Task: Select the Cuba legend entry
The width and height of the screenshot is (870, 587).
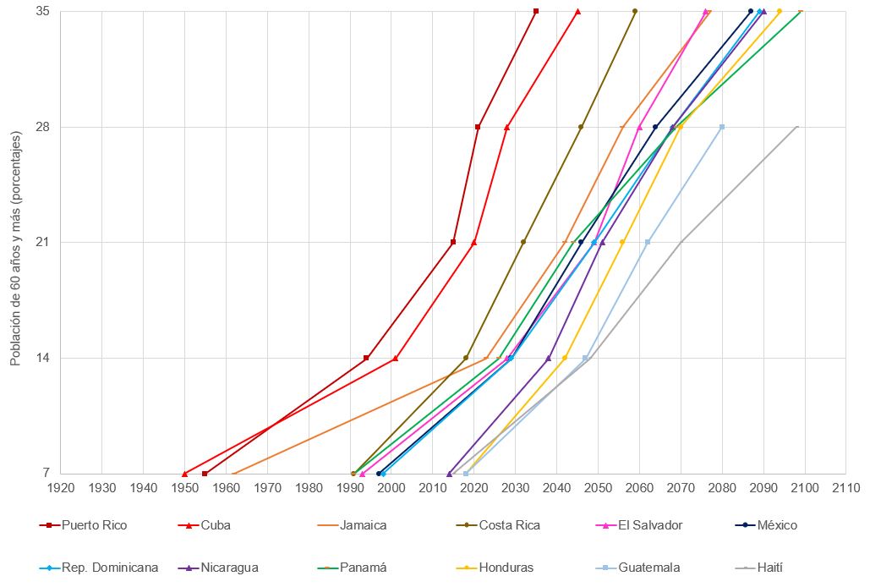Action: coord(216,525)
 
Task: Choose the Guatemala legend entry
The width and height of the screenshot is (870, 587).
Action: coord(648,568)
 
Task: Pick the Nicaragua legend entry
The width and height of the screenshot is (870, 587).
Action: coord(229,568)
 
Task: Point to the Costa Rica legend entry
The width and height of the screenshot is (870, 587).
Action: coord(509,525)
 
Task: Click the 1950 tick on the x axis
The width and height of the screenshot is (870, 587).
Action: coord(184,488)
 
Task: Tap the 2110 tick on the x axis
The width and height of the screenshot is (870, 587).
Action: coord(845,488)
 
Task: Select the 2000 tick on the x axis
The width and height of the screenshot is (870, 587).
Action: coord(391,488)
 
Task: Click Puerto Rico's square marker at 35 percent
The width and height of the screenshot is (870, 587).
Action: coord(536,11)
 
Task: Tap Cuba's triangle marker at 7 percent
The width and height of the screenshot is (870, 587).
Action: coord(184,474)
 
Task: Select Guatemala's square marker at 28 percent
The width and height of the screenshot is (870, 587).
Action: coord(722,127)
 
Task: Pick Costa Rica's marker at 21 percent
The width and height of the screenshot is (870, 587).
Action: coord(523,242)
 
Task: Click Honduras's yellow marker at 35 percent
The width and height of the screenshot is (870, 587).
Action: coord(780,11)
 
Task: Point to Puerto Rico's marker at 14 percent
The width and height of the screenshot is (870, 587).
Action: coord(366,358)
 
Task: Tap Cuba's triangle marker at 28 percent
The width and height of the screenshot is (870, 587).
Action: coord(506,127)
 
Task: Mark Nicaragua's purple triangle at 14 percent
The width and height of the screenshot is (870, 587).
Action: coord(548,358)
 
